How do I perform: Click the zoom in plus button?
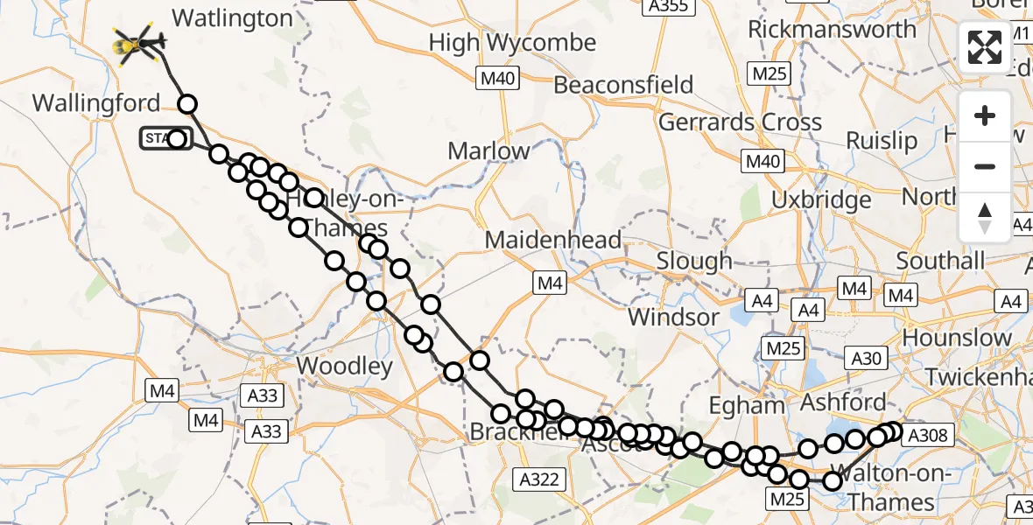pyautogui.click(x=985, y=115)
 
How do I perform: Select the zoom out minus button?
pyautogui.click(x=985, y=166)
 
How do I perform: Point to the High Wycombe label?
pyautogui.click(x=512, y=43)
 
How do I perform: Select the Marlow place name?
pyautogui.click(x=488, y=150)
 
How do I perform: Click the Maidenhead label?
pyautogui.click(x=553, y=240)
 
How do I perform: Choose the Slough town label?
pyautogui.click(x=693, y=261)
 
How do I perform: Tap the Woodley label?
pyautogui.click(x=345, y=365)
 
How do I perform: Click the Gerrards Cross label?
pyautogui.click(x=740, y=122)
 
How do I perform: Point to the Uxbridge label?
pyautogui.click(x=821, y=199)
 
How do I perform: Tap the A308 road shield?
pyautogui.click(x=928, y=436)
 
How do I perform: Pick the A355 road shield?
pyautogui.click(x=668, y=7)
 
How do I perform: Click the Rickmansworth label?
pyautogui.click(x=832, y=29)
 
